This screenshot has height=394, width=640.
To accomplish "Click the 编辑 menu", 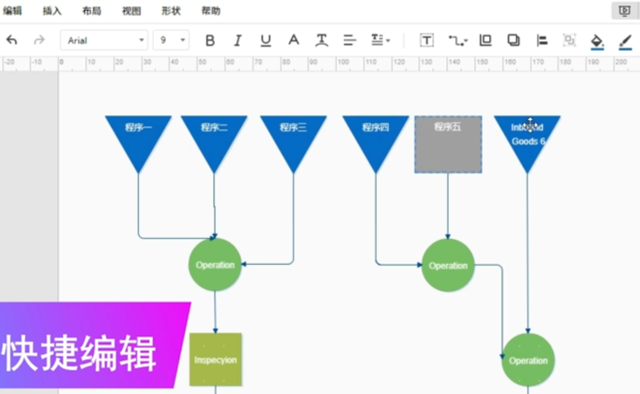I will click(12, 11).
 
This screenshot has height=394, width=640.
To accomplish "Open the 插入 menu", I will click(52, 11).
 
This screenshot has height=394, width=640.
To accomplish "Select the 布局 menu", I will click(92, 11).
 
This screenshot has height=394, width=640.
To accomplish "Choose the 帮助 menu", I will click(211, 11).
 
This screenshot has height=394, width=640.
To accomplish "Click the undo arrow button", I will click(12, 41).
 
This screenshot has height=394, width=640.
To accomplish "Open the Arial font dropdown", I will click(104, 41).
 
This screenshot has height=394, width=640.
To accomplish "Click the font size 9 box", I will click(171, 41).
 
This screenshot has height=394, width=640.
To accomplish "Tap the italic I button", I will click(238, 41).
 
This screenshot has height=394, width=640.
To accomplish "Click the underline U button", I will click(266, 41).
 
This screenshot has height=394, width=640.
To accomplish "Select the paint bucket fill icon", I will click(597, 41).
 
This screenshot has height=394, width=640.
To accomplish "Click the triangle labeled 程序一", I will click(138, 136).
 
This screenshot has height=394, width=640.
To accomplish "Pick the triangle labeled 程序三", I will click(293, 136).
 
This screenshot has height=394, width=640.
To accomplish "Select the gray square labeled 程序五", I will click(448, 144).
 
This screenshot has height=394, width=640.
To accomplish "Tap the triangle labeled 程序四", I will click(375, 136).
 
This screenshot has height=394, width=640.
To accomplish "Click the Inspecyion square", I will click(215, 359).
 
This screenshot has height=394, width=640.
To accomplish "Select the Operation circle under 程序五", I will click(448, 266).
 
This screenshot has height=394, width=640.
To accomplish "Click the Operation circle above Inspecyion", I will click(214, 265).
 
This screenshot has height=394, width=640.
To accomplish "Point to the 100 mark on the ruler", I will click(343, 62).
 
